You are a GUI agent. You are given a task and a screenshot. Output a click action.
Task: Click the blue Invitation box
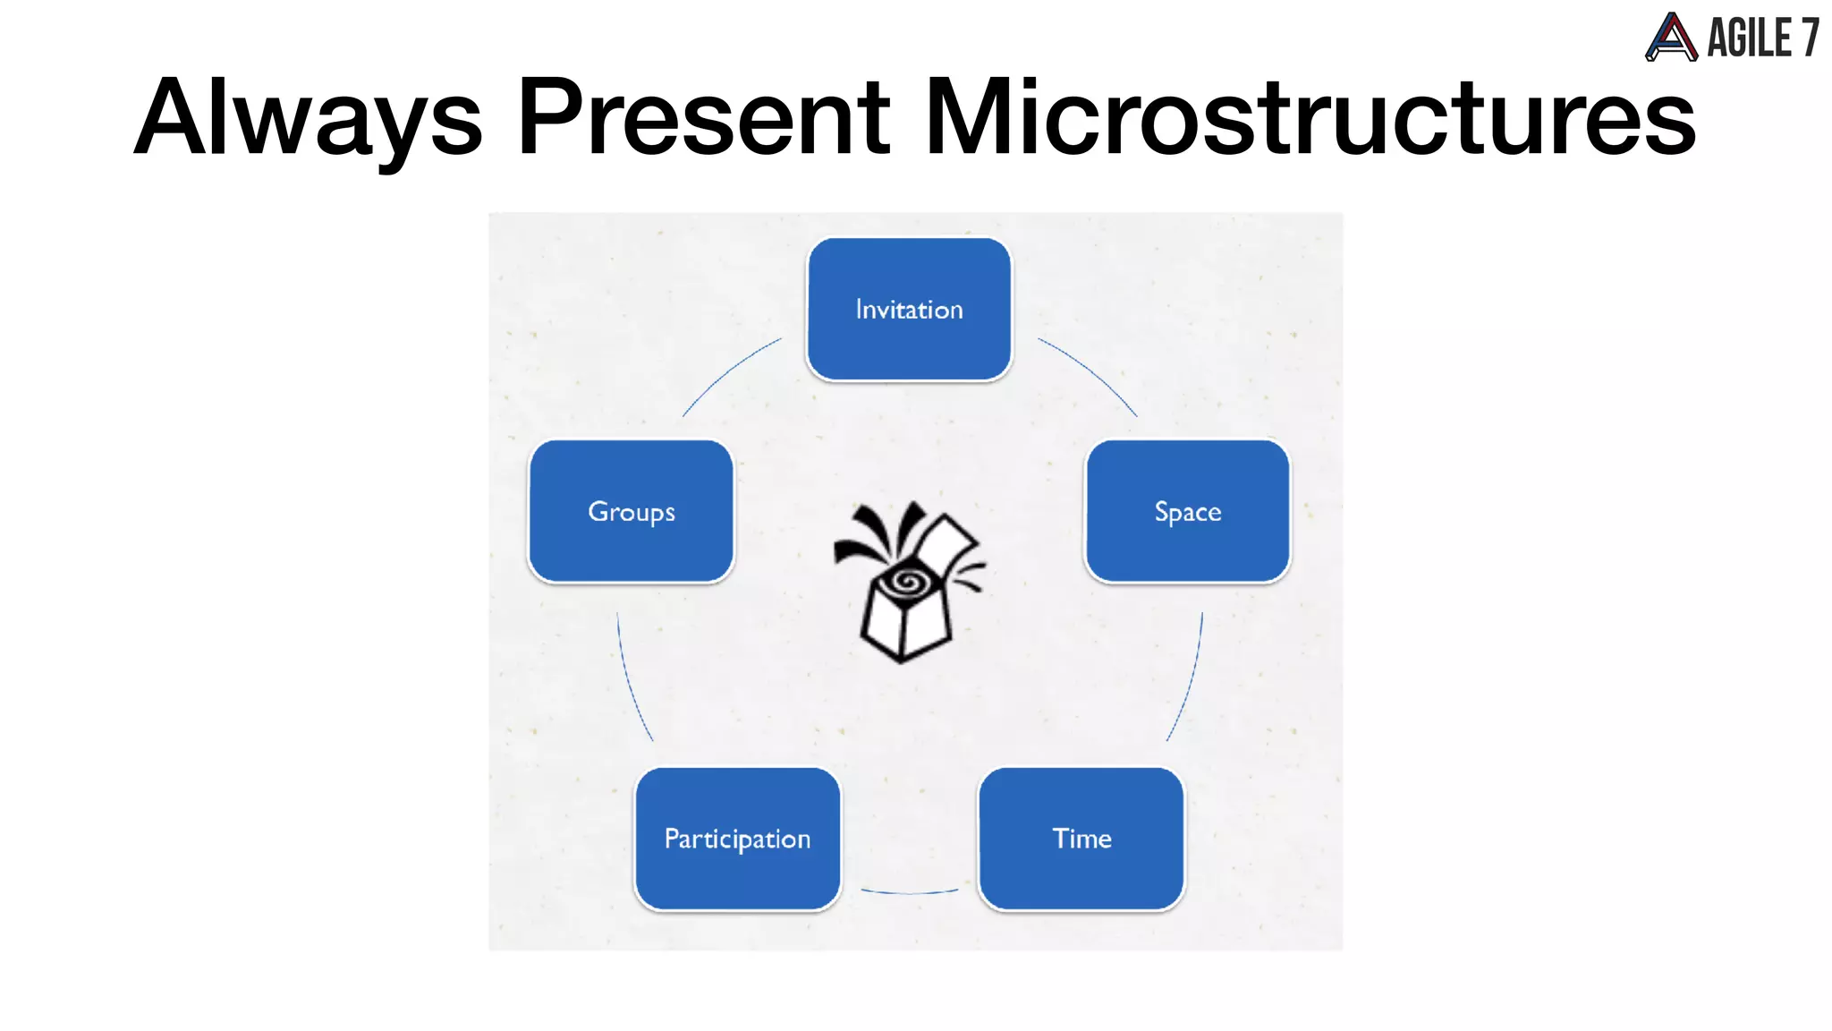(x=909, y=309)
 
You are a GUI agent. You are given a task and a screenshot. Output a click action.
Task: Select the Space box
(x=1187, y=511)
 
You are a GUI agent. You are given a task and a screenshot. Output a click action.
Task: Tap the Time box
(x=1081, y=839)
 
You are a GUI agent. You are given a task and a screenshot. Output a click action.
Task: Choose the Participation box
(x=737, y=839)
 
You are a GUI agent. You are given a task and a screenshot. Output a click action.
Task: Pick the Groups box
(x=631, y=511)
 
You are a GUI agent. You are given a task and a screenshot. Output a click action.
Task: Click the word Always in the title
(x=309, y=118)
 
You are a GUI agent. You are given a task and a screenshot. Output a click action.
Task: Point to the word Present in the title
(x=703, y=118)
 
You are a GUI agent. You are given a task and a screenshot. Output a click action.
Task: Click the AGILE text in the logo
(x=1749, y=38)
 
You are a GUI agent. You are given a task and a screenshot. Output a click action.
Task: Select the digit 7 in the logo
(x=1810, y=38)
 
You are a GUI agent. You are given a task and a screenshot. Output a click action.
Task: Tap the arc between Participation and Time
(x=909, y=891)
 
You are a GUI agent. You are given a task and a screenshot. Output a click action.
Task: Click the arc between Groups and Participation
(x=630, y=680)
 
